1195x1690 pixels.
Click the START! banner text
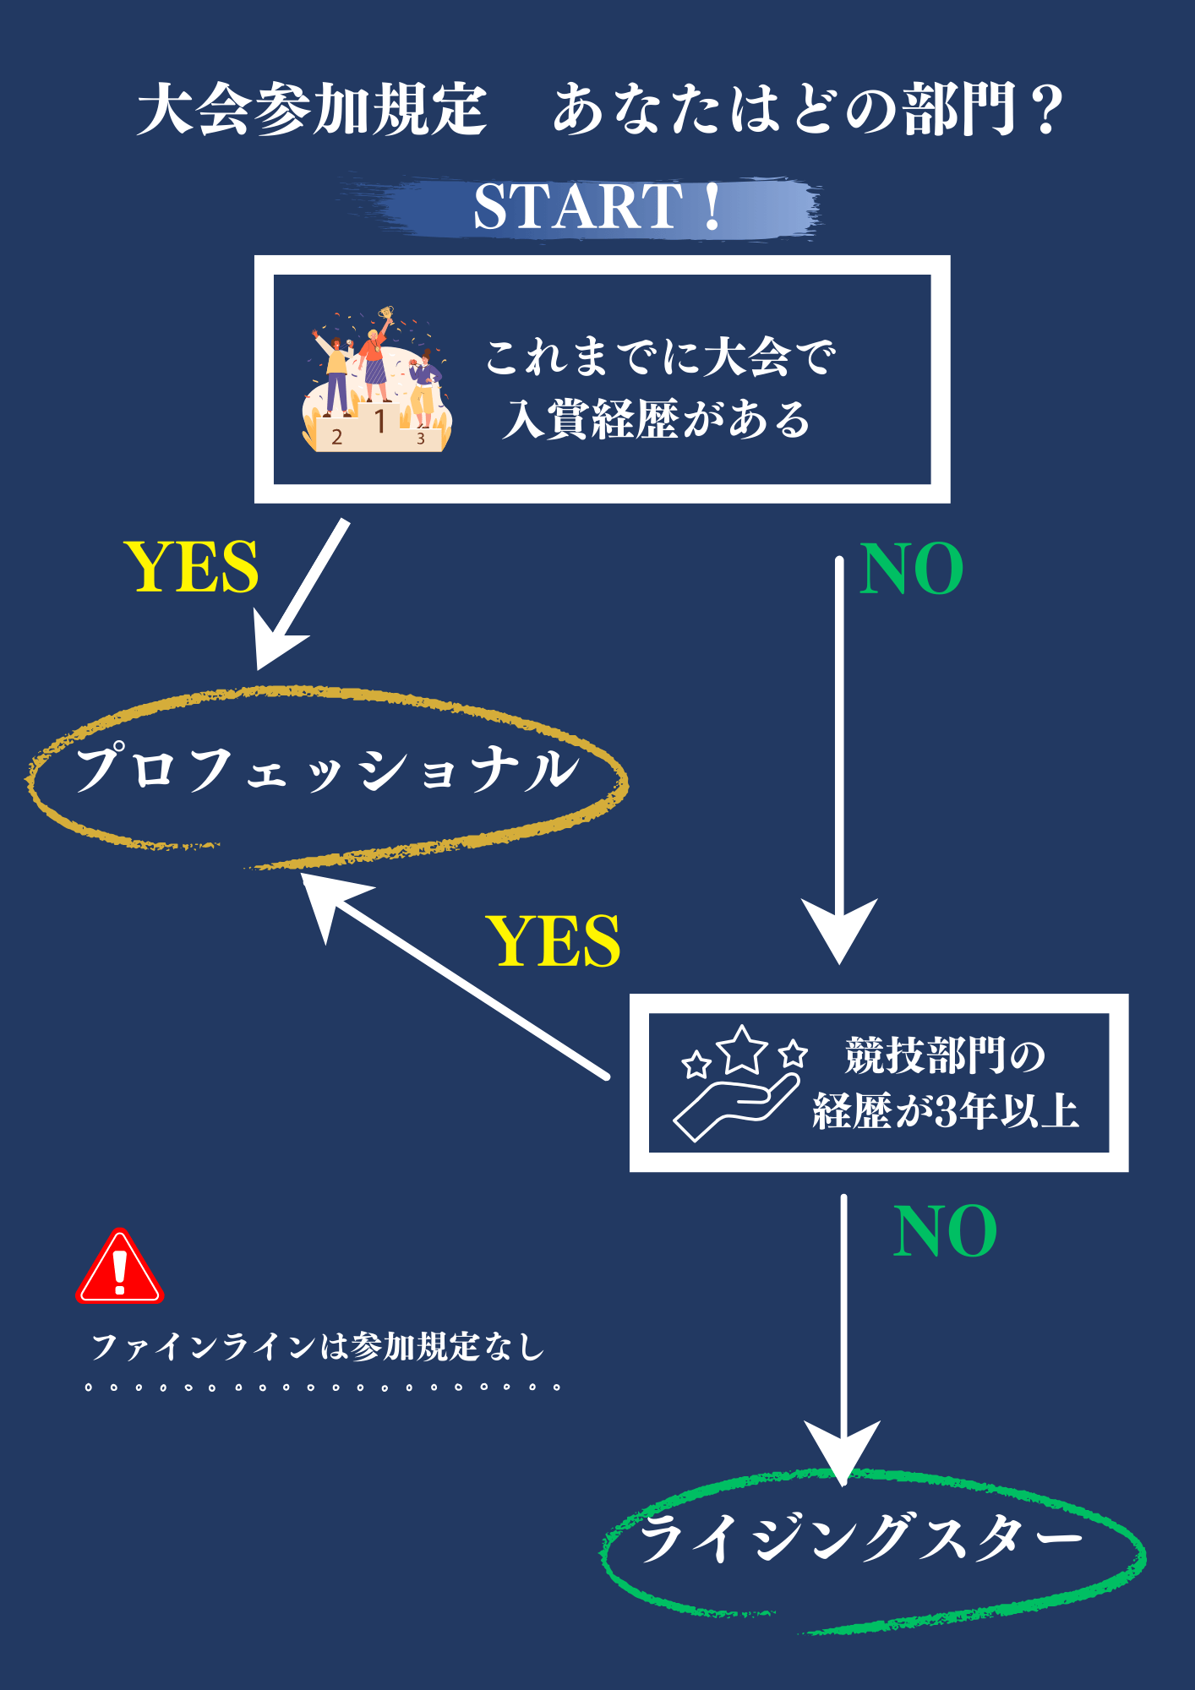tap(597, 206)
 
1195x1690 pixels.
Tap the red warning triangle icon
tap(119, 1268)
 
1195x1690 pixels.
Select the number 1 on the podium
tap(380, 420)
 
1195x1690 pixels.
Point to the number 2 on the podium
tap(337, 437)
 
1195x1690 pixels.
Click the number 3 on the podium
tap(420, 439)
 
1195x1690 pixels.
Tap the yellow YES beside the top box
tap(191, 567)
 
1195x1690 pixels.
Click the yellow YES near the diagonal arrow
tap(554, 941)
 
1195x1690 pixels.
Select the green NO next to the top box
tap(911, 569)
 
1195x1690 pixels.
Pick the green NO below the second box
tap(945, 1232)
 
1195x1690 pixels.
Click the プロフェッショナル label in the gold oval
tap(327, 769)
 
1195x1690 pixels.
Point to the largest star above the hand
tap(742, 1049)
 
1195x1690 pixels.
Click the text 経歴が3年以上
tap(946, 1111)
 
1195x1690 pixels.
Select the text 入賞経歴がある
tap(657, 419)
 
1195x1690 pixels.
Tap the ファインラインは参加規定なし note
tap(318, 1347)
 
